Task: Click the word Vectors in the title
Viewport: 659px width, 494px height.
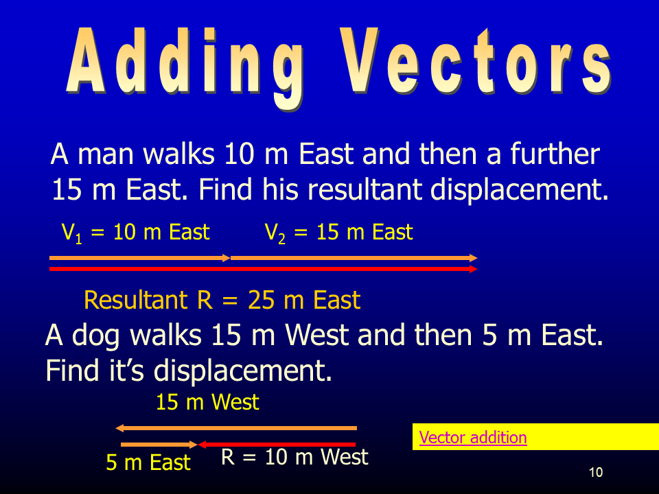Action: coord(475,61)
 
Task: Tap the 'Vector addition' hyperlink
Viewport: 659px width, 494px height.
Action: coord(473,438)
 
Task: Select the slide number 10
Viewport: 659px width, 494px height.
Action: coord(596,472)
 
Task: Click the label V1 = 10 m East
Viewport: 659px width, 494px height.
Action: coord(135,233)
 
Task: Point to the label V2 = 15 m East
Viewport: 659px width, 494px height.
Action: coord(338,233)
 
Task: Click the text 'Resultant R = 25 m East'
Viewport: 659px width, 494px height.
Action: coord(222,300)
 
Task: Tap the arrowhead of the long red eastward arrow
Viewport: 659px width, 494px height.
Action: coord(474,269)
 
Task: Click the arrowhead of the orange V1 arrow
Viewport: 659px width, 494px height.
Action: coord(227,258)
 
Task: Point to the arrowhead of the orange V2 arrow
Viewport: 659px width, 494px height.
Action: coord(474,258)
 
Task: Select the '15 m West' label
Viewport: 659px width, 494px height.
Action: coord(207,402)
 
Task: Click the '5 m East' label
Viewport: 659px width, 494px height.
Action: coord(148,462)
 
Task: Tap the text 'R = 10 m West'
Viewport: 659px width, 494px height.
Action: coord(294,457)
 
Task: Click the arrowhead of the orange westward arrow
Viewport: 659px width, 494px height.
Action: coord(119,428)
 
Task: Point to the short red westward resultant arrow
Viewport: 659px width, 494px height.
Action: coord(277,445)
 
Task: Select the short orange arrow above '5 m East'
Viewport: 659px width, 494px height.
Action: coord(159,445)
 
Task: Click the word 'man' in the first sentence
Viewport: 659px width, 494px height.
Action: coord(105,154)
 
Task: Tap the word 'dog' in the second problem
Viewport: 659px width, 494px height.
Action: coord(96,336)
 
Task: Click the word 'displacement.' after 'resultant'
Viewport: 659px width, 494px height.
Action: coord(520,190)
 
